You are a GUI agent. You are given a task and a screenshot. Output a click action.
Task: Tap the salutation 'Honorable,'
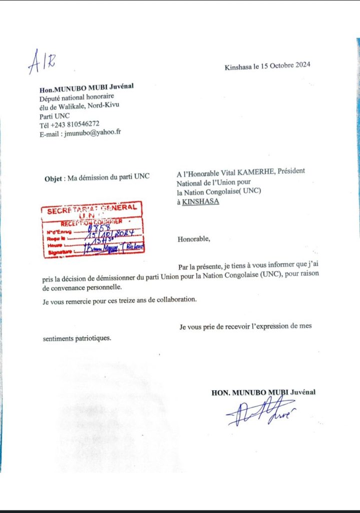pos(194,239)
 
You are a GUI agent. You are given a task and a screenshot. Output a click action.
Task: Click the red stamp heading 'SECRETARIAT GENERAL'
pos(92,209)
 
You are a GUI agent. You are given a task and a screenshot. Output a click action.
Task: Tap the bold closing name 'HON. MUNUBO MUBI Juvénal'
pos(263,392)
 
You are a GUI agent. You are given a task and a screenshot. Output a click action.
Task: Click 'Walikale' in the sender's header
pos(71,105)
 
